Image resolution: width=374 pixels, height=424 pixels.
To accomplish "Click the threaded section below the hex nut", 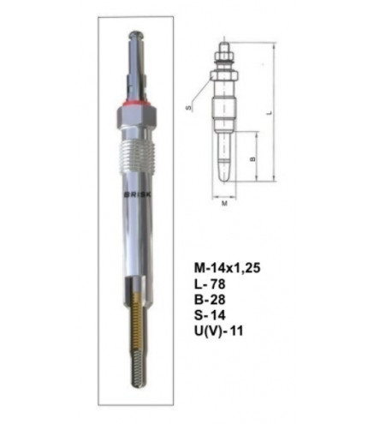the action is click(136, 157).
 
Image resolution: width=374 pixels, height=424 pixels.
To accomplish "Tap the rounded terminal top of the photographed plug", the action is click(136, 35).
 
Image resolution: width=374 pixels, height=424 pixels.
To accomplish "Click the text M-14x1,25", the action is click(227, 268).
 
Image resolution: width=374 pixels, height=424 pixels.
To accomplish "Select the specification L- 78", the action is click(210, 284).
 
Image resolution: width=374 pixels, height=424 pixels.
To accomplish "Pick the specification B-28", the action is click(210, 300).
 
